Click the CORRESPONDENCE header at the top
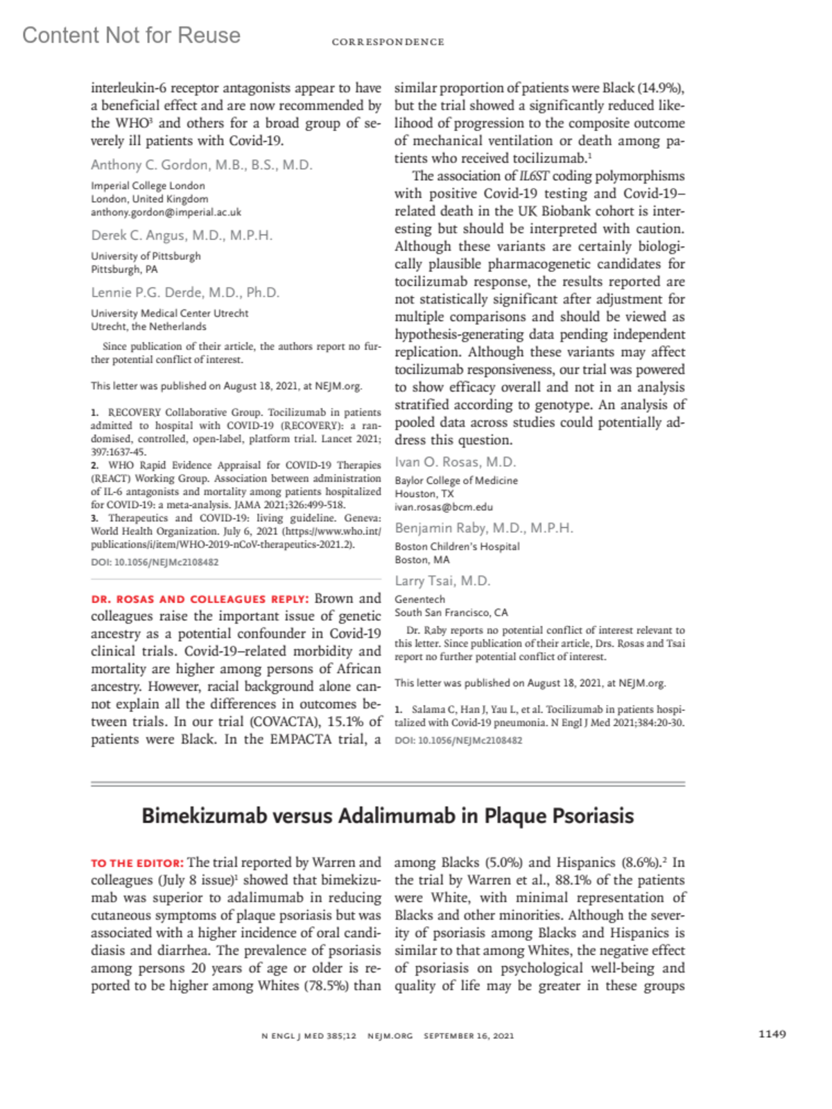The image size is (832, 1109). tap(388, 42)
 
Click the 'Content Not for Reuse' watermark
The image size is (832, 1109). tap(131, 35)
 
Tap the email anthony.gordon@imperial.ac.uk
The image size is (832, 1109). tap(166, 212)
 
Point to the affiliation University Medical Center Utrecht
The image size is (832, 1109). tap(169, 313)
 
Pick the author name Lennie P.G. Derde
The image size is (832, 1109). tap(185, 292)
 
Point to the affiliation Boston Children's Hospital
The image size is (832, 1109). tap(457, 546)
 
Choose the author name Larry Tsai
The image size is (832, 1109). tap(442, 581)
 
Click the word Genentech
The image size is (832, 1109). tap(419, 599)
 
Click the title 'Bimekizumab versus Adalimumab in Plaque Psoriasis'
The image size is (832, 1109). tap(388, 816)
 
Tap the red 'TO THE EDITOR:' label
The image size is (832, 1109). tap(137, 864)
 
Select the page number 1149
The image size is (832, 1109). tap(772, 1034)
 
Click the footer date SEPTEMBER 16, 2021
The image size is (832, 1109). tap(469, 1036)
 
